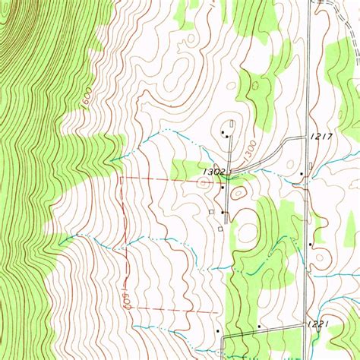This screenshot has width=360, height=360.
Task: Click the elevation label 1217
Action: point(323,137)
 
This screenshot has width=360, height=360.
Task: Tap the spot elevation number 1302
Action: point(213,172)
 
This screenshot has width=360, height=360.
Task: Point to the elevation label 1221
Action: point(319,324)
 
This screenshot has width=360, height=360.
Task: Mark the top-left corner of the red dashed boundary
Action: point(122,178)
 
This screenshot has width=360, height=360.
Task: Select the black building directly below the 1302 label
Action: point(222,186)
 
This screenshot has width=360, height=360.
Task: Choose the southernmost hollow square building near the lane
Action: point(220,228)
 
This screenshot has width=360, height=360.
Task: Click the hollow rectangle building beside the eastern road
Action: point(312,165)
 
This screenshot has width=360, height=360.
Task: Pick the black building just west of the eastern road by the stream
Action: point(302,174)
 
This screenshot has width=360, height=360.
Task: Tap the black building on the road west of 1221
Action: point(259,327)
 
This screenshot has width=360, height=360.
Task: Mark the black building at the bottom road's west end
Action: point(218,332)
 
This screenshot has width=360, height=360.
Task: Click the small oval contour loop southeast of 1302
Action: point(238,194)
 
